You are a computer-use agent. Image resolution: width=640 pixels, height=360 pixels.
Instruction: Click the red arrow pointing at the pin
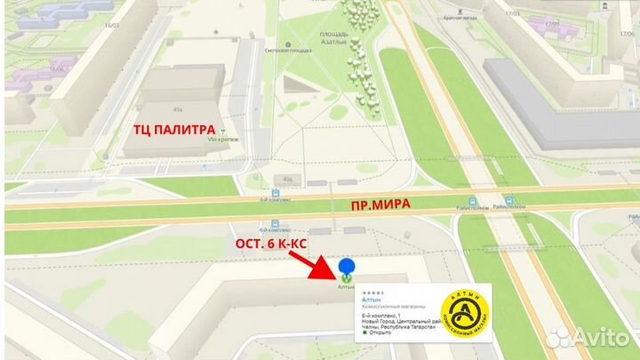click(x=314, y=262)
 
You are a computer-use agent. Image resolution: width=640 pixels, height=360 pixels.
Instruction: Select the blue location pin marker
click(x=348, y=268)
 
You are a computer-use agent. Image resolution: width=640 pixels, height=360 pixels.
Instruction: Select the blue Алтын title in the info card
click(x=371, y=300)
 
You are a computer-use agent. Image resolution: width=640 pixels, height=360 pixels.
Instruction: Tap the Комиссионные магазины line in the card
click(x=390, y=307)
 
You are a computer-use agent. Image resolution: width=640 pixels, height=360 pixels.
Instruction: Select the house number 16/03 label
click(x=111, y=27)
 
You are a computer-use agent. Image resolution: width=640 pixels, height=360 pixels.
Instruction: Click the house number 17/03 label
click(x=511, y=14)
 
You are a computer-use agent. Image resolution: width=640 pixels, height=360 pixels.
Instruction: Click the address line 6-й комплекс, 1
click(x=381, y=316)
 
